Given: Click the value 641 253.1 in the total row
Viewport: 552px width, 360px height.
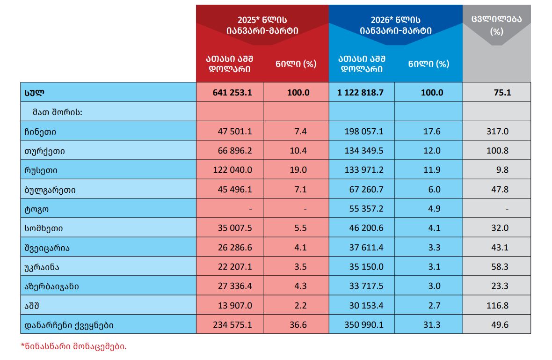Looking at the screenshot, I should tap(232, 92).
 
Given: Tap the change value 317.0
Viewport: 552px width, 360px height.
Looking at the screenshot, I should tap(497, 132).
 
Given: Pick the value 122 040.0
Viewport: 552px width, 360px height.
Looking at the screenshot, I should tap(232, 170).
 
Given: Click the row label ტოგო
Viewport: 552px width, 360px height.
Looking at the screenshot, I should tap(36, 209).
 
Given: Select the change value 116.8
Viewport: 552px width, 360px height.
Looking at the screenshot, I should tap(497, 306).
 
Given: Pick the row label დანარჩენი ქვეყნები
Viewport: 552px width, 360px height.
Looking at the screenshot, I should tap(69, 325).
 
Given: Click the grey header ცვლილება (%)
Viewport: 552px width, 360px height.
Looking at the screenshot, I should tap(496, 25).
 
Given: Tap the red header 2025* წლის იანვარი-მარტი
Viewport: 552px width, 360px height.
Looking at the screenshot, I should tap(262, 25).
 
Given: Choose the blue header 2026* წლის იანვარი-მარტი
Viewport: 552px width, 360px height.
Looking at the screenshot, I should tap(395, 25).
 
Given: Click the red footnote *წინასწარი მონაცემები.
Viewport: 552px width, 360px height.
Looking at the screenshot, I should tap(73, 347).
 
